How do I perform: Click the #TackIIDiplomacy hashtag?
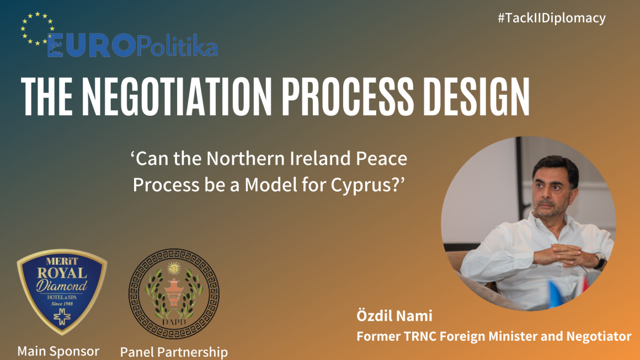click(551, 18)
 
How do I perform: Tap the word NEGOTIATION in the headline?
click(177, 96)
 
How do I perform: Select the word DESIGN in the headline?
click(476, 96)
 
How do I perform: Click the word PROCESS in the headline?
click(348, 96)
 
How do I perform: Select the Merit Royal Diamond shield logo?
click(62, 292)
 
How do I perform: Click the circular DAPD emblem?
click(174, 293)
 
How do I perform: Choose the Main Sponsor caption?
click(58, 351)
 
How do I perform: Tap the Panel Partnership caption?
click(174, 352)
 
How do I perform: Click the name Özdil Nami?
click(394, 315)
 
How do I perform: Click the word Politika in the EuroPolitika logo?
click(177, 46)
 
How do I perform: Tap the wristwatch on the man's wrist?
click(600, 260)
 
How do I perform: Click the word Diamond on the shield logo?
click(62, 285)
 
